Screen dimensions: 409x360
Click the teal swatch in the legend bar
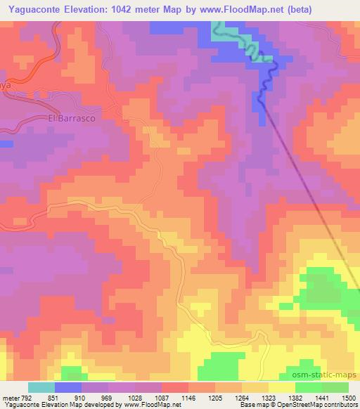pos(41,387)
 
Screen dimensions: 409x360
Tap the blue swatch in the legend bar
pos(68,387)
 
